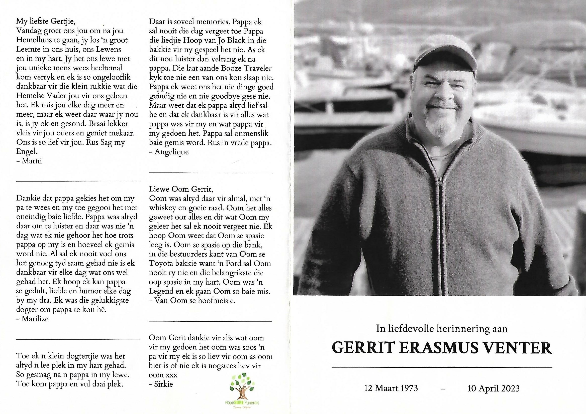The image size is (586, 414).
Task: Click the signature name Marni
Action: [32, 161]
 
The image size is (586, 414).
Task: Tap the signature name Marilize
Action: [35, 319]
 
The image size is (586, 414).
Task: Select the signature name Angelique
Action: [172, 152]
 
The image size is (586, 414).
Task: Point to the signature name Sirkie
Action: [164, 384]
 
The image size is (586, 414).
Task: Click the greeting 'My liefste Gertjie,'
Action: [46, 22]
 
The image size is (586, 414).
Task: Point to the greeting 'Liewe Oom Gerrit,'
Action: [181, 189]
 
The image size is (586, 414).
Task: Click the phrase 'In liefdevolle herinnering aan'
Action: [442, 329]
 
